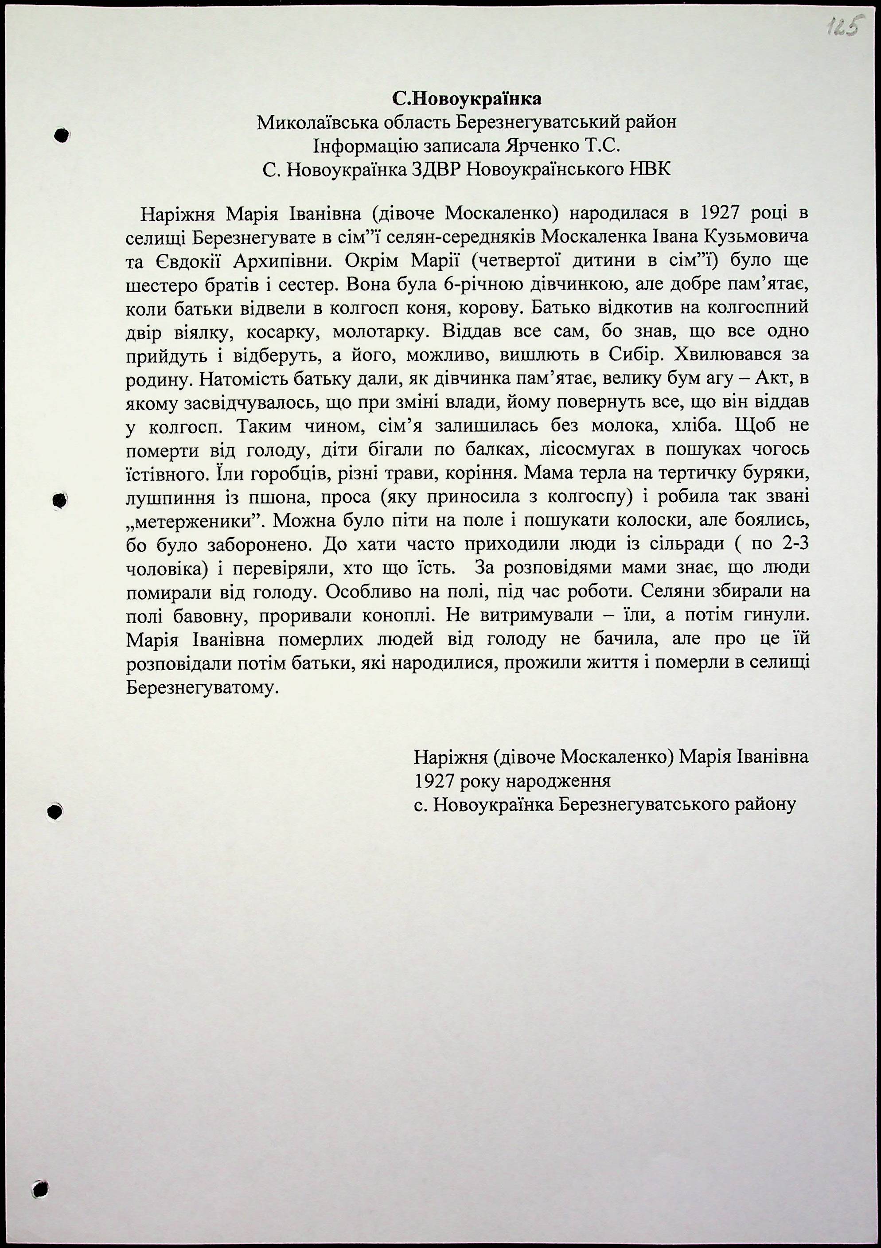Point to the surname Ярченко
point(546,146)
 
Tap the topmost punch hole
point(62,135)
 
